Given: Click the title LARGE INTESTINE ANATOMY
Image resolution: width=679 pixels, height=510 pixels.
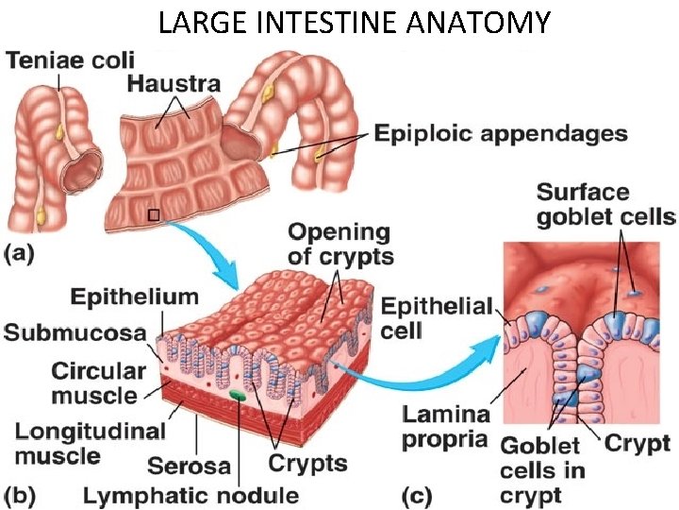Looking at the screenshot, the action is [353, 22].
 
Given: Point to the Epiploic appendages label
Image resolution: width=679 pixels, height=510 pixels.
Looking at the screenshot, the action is [501, 133].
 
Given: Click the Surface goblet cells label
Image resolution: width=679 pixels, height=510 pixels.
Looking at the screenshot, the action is [604, 205].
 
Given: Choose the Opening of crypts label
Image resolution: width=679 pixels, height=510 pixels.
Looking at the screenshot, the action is [340, 243].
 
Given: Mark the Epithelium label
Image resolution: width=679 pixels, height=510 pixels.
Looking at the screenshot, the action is [135, 297].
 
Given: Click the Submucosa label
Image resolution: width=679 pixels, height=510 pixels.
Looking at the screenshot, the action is [75, 332].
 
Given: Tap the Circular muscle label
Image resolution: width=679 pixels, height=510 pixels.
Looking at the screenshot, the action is [98, 382].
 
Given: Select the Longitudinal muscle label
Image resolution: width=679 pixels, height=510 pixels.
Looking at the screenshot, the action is [90, 443].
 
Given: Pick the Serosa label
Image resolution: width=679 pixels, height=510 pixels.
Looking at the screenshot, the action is [189, 466].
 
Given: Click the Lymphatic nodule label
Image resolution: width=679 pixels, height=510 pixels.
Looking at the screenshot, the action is [190, 495].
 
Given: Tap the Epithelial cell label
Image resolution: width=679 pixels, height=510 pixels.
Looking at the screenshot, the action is [437, 318].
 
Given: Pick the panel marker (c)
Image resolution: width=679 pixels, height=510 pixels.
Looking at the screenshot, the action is [422, 493].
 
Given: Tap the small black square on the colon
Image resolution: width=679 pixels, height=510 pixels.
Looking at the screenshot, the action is [154, 215].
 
